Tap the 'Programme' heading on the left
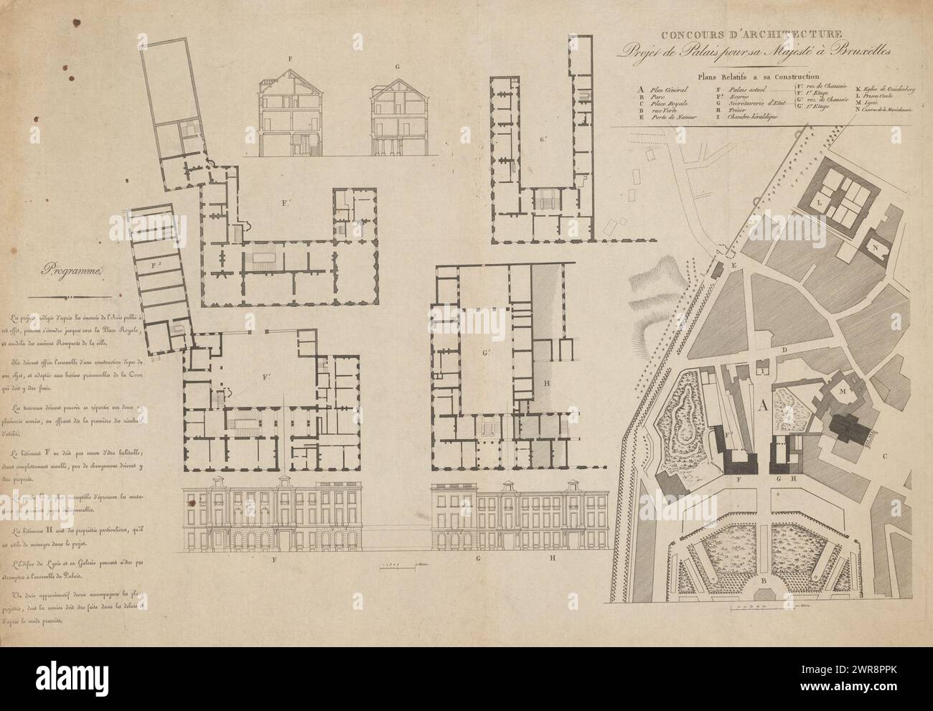tap(73, 270)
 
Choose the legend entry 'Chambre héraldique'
tap(754, 118)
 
